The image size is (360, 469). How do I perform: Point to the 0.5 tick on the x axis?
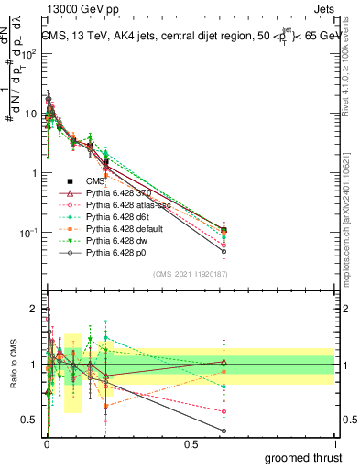pos(191,443)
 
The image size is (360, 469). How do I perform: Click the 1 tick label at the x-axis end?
pos(335,443)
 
